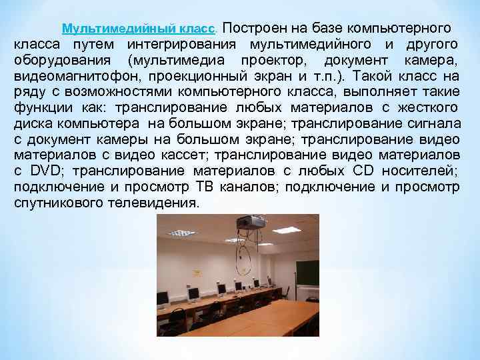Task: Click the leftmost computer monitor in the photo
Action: click(x=162, y=298)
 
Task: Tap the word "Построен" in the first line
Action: click(x=250, y=29)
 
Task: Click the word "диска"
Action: click(x=33, y=123)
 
